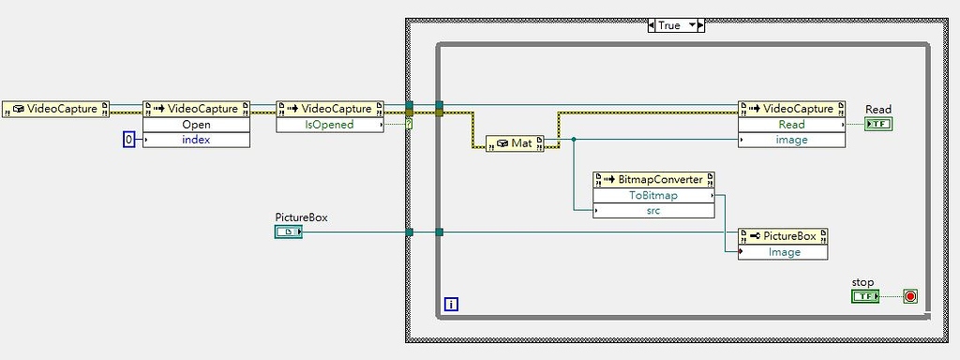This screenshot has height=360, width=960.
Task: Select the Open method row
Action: point(197,125)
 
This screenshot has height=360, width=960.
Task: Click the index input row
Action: point(197,140)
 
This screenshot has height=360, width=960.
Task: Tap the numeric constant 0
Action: point(129,140)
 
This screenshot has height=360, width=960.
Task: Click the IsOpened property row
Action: point(330,124)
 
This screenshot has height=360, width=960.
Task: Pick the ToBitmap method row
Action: point(653,196)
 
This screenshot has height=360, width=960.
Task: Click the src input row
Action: point(653,211)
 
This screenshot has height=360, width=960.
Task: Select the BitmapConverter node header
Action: point(653,179)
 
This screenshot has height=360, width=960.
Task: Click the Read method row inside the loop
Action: point(791,125)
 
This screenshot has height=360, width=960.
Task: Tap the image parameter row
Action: point(791,140)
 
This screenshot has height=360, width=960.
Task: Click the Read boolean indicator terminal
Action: point(878,124)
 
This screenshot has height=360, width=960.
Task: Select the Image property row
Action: point(784,252)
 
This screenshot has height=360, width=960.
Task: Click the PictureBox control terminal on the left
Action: point(288,232)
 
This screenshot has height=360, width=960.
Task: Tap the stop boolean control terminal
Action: point(864,296)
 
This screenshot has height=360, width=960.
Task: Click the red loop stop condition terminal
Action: point(909,296)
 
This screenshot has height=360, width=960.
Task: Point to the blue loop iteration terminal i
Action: point(452,305)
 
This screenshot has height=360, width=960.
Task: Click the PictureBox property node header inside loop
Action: point(784,236)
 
